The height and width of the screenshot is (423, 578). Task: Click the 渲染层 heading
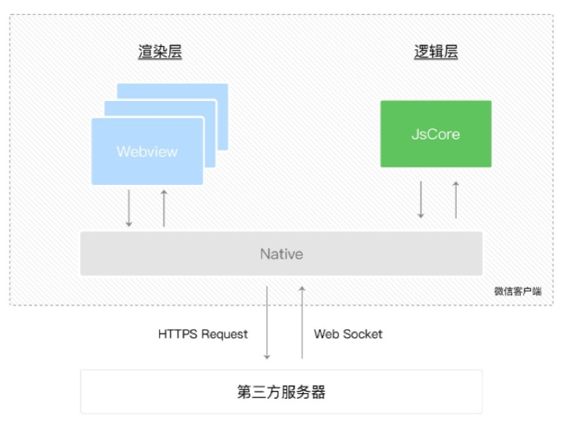pos(160,52)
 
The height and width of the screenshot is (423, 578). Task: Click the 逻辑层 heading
pos(435,52)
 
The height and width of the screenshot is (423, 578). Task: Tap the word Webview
pos(147,151)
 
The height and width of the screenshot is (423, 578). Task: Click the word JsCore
pos(435,134)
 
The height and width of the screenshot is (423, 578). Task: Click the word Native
pos(281,255)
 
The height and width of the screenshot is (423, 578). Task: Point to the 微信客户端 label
pos(517,291)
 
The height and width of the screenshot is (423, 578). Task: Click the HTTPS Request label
pos(203,334)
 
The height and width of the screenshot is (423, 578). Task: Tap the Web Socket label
pos(349,334)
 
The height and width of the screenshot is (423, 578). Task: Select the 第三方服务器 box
pos(281,392)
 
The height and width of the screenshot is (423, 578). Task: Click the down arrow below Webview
pos(129,208)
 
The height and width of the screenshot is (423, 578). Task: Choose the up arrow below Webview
pos(164,208)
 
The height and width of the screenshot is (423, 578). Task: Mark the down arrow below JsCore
pos(421,200)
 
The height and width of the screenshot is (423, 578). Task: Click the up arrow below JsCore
pos(455,200)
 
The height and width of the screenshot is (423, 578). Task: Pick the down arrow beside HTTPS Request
pos(267,323)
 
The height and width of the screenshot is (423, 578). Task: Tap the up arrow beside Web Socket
pos(302,323)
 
